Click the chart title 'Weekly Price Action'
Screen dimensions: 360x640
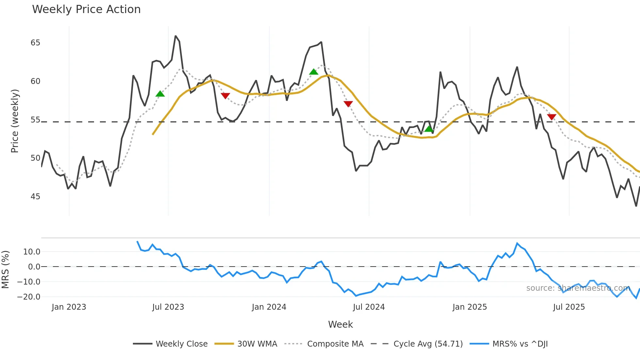point(86,9)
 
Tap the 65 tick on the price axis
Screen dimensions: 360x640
point(35,43)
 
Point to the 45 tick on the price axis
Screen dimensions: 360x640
point(35,197)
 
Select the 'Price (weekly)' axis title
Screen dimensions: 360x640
point(15,121)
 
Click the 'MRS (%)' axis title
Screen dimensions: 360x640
point(5,270)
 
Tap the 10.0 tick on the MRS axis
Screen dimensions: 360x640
point(32,252)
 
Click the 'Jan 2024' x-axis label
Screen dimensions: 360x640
point(269,307)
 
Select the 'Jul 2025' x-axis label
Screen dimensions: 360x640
point(569,307)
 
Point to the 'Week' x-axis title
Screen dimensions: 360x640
point(340,324)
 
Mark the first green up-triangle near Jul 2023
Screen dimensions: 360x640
point(160,94)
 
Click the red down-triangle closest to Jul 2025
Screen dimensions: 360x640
point(552,117)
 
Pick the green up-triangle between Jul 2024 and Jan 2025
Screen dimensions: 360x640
point(429,129)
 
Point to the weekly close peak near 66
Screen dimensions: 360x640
point(176,36)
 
